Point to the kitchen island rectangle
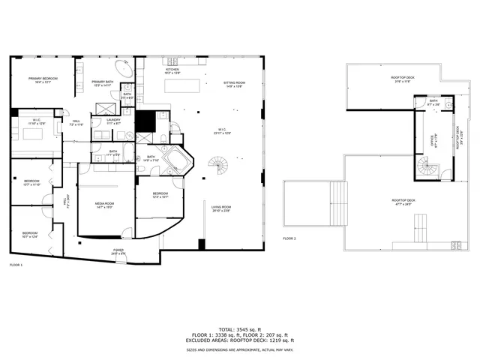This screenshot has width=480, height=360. pos(194,83)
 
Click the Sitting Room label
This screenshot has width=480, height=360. pos(235,84)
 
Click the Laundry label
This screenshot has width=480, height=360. pos(113,121)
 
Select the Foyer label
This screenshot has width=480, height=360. pos(118,250)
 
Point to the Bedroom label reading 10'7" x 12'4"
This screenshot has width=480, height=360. pos(31,235)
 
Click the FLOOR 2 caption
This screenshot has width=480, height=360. pos(289,238)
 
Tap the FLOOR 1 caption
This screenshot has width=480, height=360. pos(16,265)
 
